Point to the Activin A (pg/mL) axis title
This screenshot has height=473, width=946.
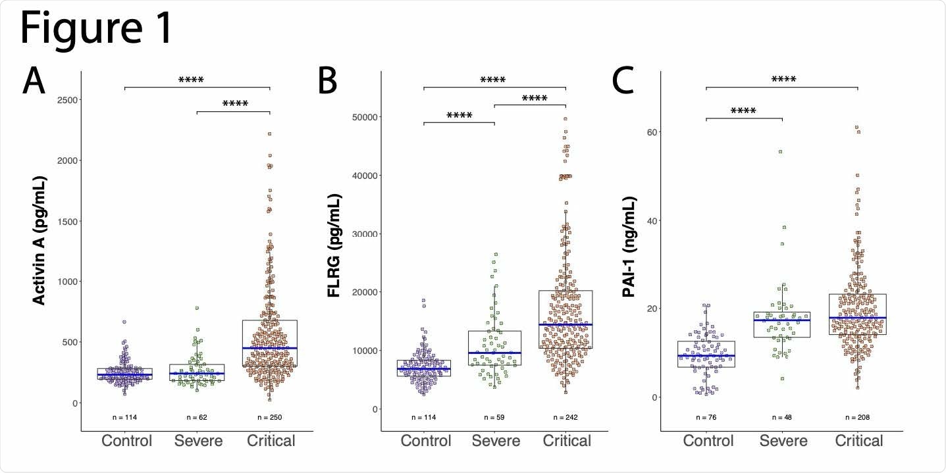coord(39,241)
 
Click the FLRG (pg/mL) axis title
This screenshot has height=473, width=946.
coord(334,245)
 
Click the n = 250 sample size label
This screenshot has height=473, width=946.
coord(270,417)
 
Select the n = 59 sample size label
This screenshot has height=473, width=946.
coord(494,417)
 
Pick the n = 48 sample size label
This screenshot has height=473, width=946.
coord(781,417)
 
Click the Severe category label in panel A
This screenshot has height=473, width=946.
coord(198,440)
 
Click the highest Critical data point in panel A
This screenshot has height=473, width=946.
coord(269,134)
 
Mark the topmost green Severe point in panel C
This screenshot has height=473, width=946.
coord(781,152)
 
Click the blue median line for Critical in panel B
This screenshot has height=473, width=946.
coord(565,324)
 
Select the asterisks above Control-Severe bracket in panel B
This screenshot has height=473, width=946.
coord(459,116)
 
